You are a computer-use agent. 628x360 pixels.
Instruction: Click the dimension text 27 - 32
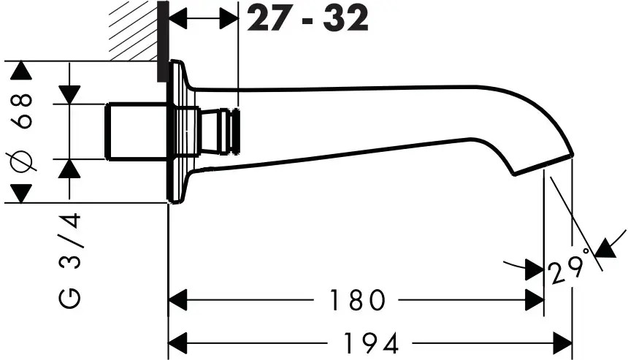[307, 19]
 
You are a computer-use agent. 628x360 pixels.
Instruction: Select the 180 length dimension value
[356, 299]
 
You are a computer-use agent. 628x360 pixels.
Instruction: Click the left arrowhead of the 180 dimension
[178, 299]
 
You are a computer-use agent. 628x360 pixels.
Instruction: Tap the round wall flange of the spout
[177, 131]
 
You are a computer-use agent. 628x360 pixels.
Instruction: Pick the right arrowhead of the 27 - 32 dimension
[230, 20]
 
